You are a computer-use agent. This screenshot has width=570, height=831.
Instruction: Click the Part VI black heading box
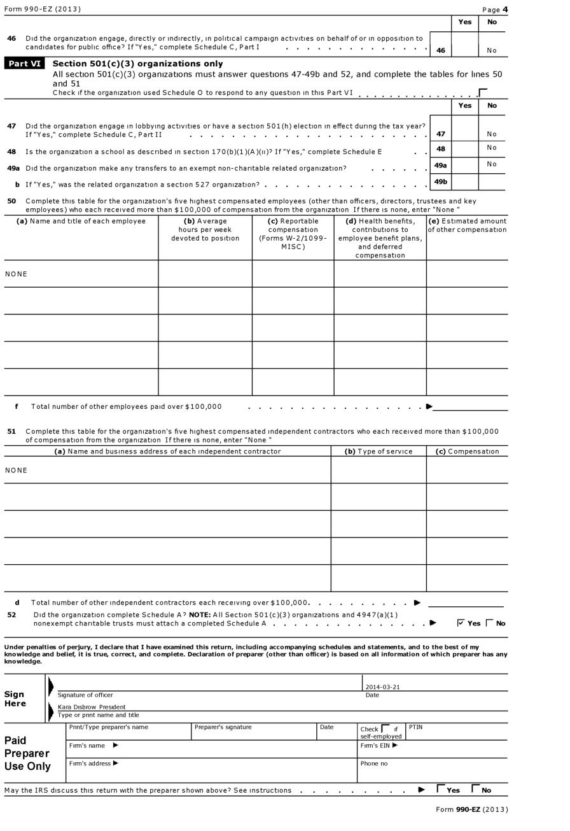25,64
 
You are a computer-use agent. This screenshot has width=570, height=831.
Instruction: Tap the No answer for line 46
492,50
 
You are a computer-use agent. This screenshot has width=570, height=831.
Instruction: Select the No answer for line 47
492,134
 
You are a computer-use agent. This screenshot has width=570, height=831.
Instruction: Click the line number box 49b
440,181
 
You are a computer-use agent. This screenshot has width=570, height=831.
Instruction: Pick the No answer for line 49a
492,164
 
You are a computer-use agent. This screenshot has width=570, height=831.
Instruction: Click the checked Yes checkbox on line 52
461,623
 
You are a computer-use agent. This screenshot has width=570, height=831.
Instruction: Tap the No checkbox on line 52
489,623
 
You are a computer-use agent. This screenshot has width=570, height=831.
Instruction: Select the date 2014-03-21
382,687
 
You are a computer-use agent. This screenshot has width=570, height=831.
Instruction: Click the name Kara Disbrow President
92,707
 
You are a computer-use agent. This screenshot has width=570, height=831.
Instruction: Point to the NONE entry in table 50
17,274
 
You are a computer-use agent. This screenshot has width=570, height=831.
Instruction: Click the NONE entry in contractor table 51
17,470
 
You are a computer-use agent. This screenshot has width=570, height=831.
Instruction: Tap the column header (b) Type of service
379,451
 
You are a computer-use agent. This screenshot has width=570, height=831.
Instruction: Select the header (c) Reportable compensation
293,234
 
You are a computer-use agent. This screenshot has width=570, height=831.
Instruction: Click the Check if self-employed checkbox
385,728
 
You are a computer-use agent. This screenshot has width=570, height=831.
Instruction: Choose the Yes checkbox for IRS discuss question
441,788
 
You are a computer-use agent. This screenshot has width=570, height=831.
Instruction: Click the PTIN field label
415,727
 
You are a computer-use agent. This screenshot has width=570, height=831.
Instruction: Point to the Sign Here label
15,699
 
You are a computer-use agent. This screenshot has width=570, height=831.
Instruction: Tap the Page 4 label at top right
495,10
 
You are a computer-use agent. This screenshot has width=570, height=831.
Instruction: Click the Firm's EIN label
379,745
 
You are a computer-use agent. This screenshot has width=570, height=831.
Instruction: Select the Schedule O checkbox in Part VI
483,93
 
